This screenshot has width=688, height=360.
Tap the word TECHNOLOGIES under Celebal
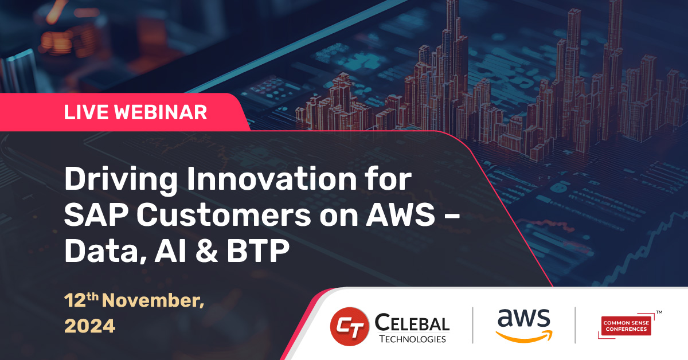coord(412,339)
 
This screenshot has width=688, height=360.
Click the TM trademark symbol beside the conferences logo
coord(659,313)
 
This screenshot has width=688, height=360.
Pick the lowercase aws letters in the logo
coord(523,319)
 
